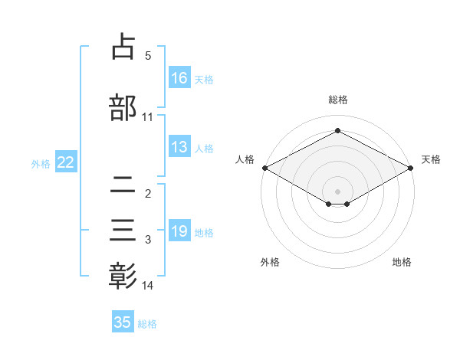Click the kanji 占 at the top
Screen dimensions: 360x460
(x=123, y=47)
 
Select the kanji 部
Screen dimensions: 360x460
(x=123, y=107)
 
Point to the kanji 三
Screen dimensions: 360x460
(x=123, y=231)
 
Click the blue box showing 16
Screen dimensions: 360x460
(x=179, y=77)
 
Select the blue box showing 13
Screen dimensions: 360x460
(x=179, y=147)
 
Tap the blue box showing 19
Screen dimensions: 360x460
(x=179, y=231)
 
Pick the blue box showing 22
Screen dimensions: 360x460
(x=65, y=162)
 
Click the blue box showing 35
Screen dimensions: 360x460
(x=123, y=322)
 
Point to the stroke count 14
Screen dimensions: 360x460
(x=148, y=286)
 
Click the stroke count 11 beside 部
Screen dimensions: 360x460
(x=148, y=116)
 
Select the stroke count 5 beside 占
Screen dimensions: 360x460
(x=148, y=56)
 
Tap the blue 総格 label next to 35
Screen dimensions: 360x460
(x=147, y=324)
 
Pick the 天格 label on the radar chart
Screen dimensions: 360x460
(x=431, y=159)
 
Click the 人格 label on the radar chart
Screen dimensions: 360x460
(x=245, y=159)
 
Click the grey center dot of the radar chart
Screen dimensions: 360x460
(x=337, y=191)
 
